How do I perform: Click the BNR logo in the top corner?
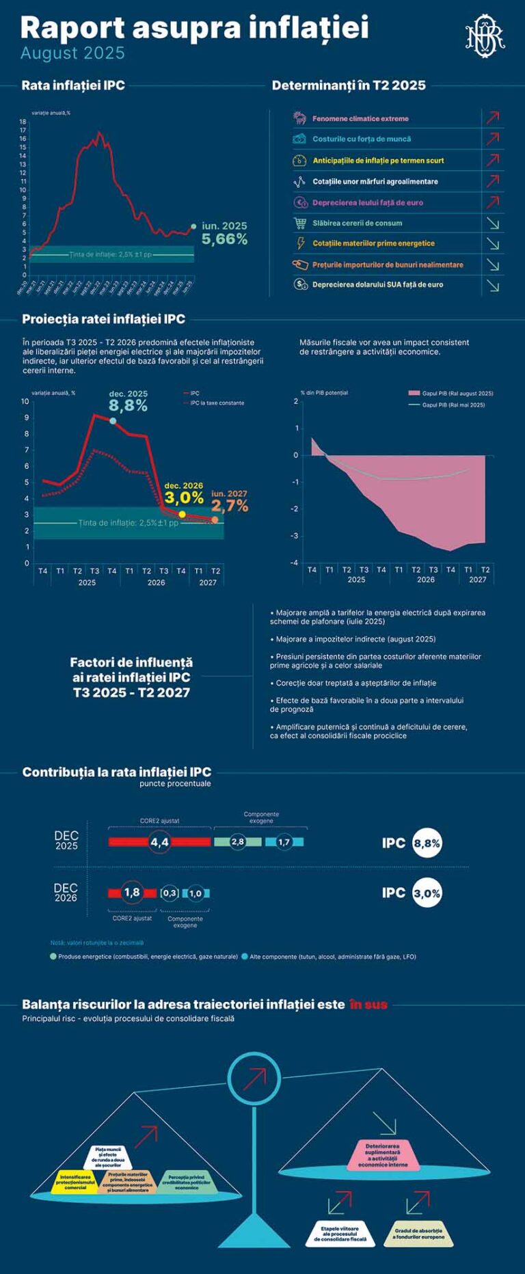[x=485, y=34]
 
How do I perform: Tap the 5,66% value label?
[x=224, y=239]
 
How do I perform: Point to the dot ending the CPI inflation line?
[x=193, y=226]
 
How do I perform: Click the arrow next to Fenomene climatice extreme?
[x=493, y=118]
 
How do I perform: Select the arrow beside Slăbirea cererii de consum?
[x=493, y=223]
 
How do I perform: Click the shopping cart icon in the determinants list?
[x=300, y=223]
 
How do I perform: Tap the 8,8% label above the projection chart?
[x=128, y=405]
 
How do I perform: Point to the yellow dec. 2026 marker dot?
[x=182, y=515]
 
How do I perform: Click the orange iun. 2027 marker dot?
[x=215, y=520]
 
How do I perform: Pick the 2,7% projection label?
[x=229, y=506]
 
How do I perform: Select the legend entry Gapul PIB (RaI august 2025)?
[x=451, y=393]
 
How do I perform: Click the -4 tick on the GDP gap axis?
[x=295, y=563]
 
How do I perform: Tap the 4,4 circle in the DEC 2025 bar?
[x=159, y=841]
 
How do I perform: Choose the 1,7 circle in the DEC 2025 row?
[x=284, y=841]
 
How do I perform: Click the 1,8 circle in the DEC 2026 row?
[x=132, y=893]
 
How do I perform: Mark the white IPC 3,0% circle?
[x=427, y=893]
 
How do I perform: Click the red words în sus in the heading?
[x=368, y=1004]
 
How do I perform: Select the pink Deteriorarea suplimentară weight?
[x=382, y=1155]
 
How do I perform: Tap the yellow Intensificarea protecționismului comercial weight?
[x=76, y=1182]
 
